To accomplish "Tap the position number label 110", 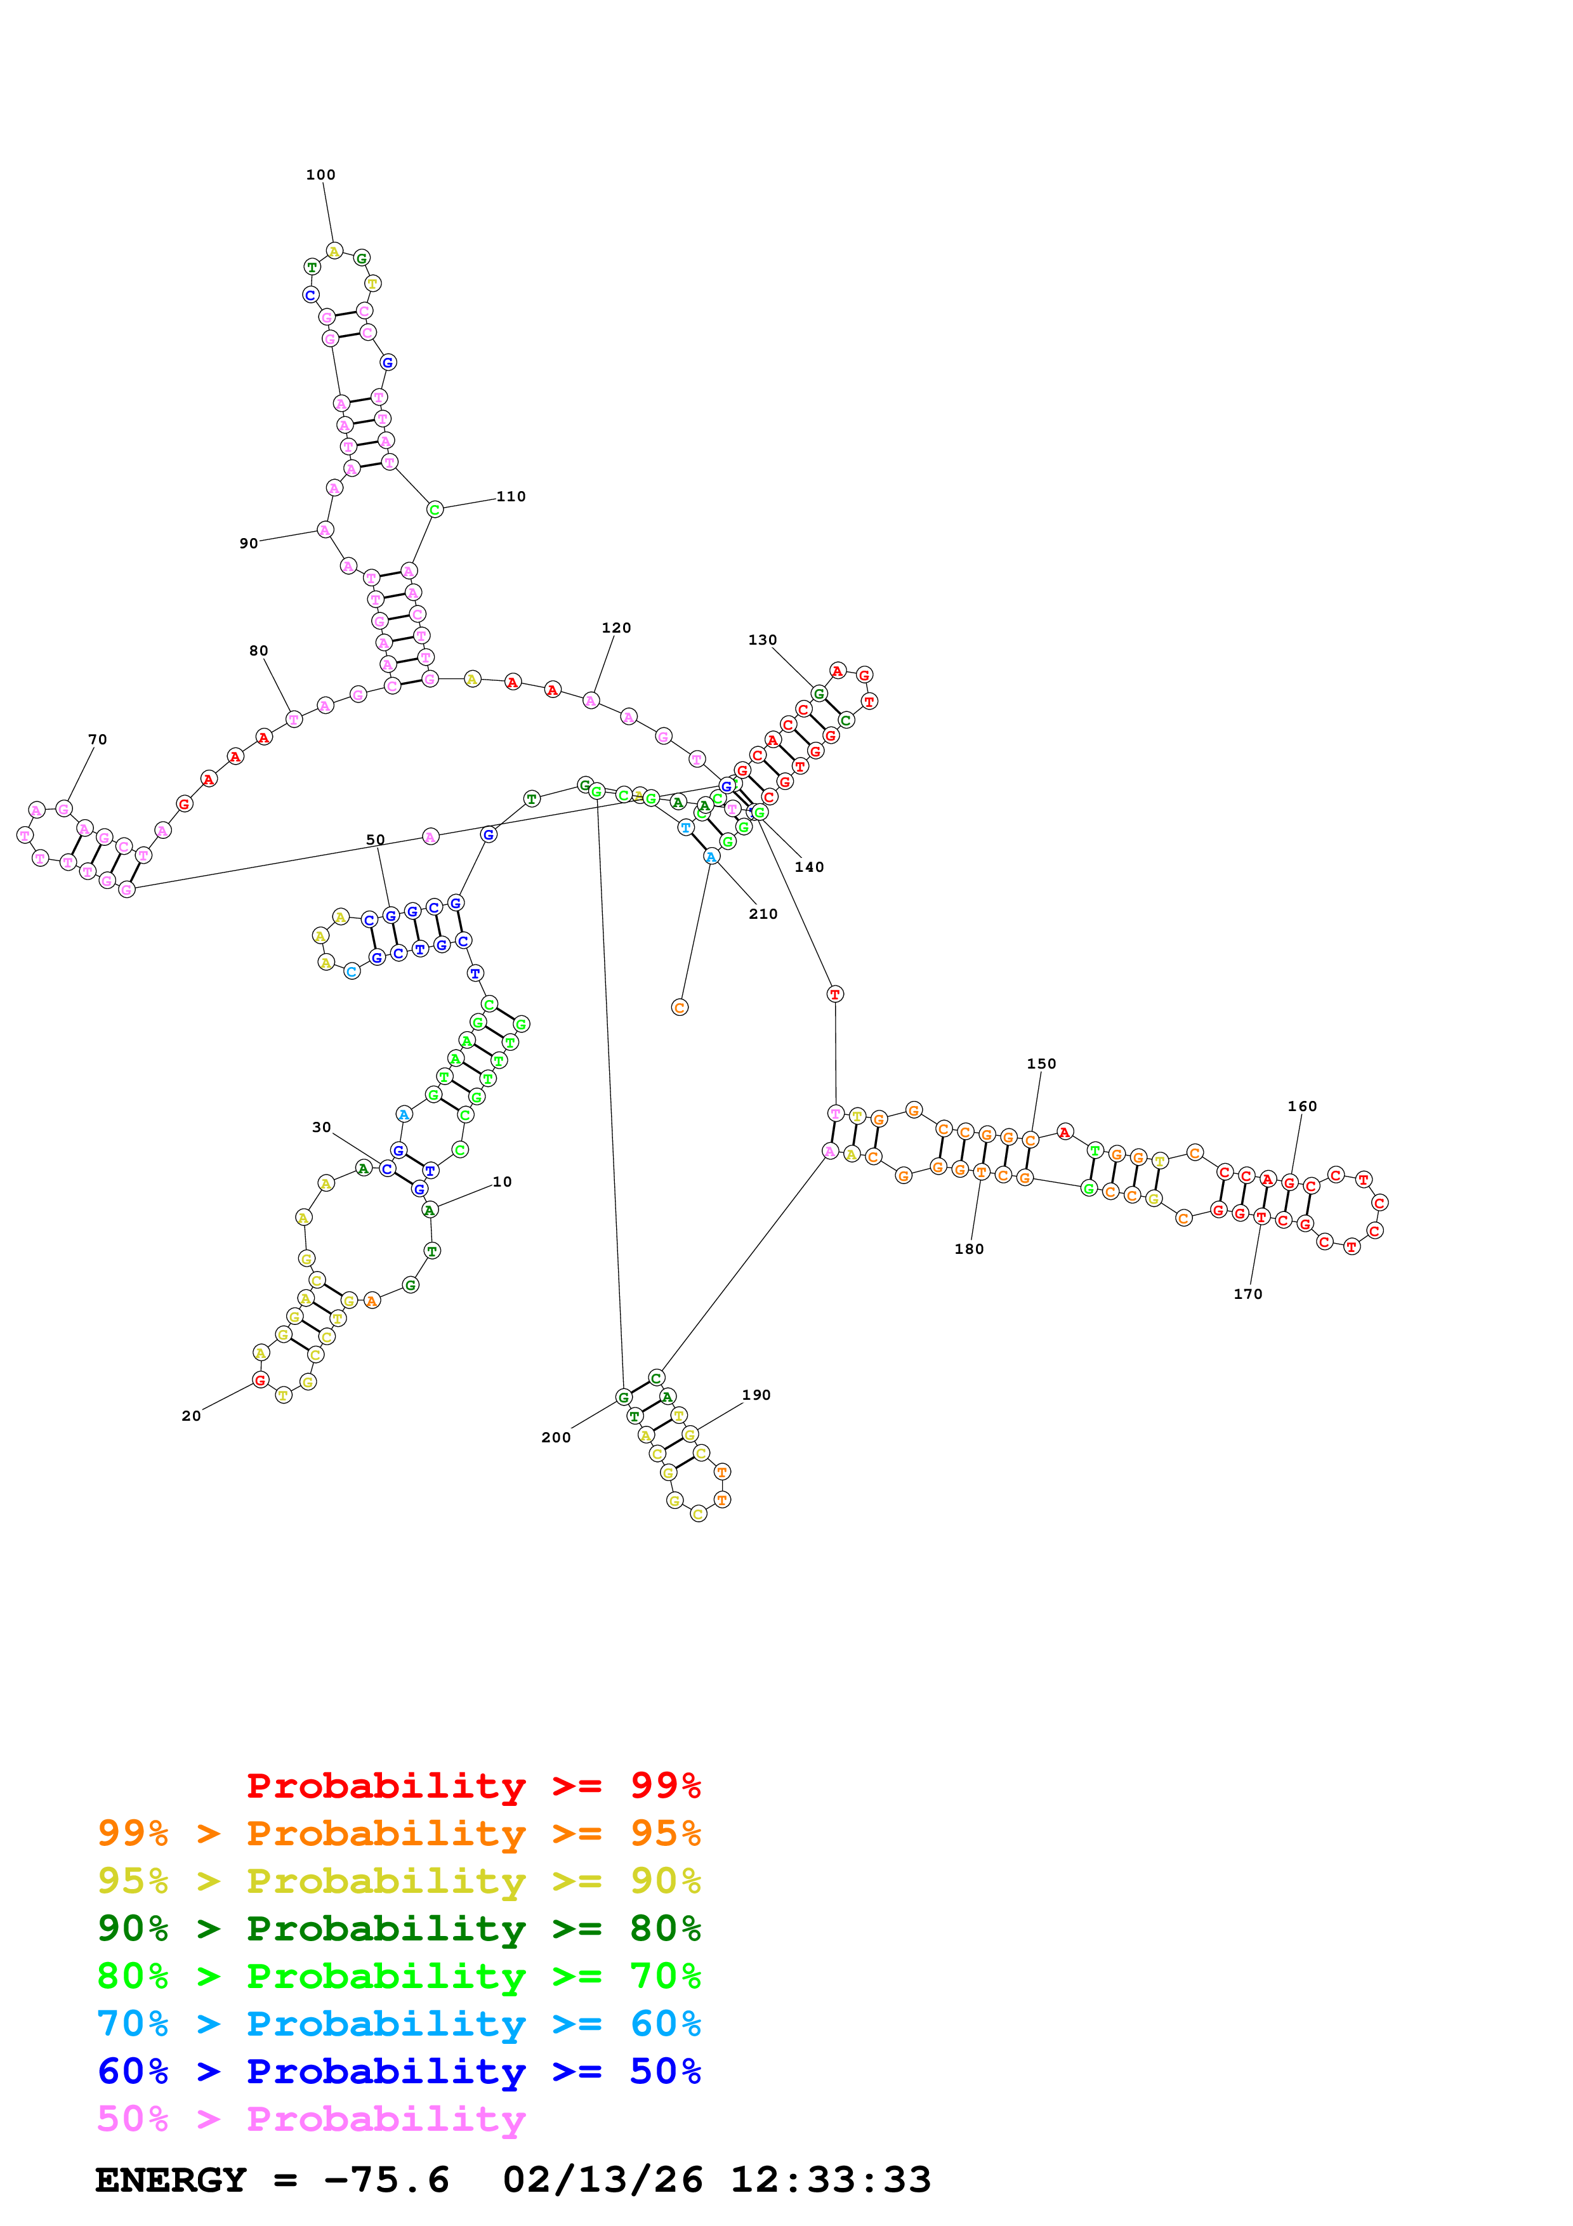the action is point(511,496).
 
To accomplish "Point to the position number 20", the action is point(191,1416).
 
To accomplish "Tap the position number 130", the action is point(762,640).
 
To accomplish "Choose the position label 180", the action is point(968,1249).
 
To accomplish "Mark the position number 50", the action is point(375,840).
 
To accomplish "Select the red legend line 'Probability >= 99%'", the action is point(473,1785).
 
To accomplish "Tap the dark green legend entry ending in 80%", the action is point(398,1928).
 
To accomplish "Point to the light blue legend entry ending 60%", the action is point(398,2024).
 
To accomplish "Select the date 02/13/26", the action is point(602,2180).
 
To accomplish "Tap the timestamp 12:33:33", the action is point(831,2180).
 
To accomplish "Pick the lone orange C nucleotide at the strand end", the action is point(680,1007).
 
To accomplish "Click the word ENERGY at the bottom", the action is point(171,2180).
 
